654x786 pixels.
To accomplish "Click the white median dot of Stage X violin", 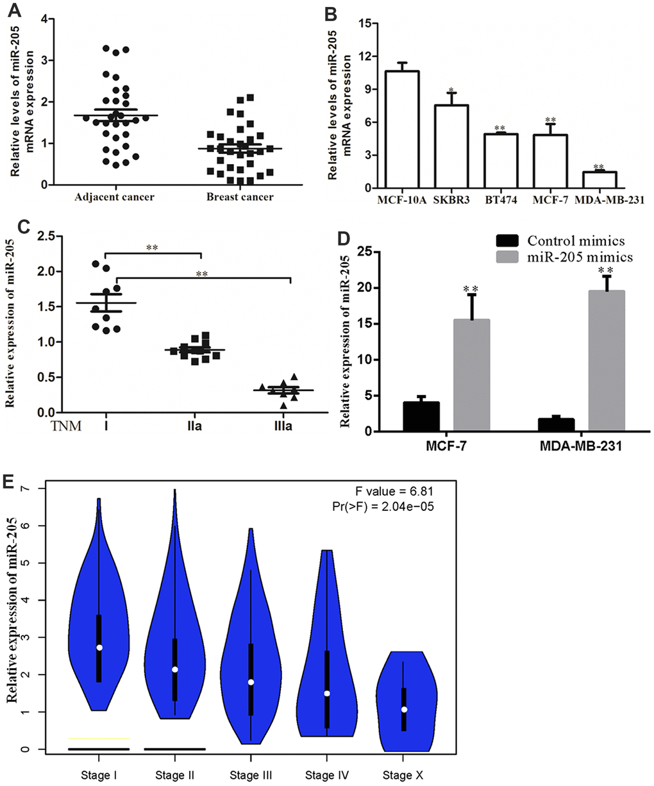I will pyautogui.click(x=404, y=709).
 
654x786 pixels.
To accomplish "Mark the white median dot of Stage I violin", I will pyautogui.click(x=99, y=648).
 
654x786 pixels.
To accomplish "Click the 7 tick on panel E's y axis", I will pyautogui.click(x=24, y=489).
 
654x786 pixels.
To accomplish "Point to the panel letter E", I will pyautogui.click(x=10, y=482).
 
